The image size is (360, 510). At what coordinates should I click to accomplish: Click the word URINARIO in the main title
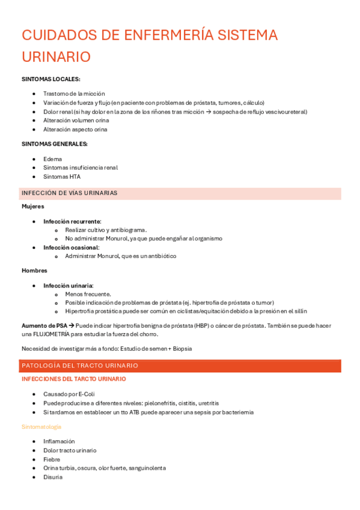tap(56, 57)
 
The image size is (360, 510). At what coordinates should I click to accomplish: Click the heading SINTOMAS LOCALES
tap(51, 79)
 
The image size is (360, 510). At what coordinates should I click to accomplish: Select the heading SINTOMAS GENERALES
tap(55, 144)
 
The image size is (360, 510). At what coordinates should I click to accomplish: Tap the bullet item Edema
tap(52, 159)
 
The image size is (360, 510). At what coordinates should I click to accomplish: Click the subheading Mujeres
tap(33, 206)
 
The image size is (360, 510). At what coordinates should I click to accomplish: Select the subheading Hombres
tap(34, 271)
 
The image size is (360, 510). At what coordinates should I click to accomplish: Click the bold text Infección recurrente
tap(72, 221)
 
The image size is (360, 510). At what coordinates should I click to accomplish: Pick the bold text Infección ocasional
tap(71, 247)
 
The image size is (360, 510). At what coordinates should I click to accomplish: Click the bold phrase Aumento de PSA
tap(44, 325)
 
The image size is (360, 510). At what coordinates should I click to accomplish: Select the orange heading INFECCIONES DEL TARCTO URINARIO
tap(74, 379)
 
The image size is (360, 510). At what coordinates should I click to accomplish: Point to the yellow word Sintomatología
tap(41, 426)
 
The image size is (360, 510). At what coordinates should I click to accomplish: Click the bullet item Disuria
tap(52, 477)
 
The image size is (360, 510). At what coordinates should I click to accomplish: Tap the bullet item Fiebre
tap(52, 459)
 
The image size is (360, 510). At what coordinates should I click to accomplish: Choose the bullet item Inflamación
tap(59, 441)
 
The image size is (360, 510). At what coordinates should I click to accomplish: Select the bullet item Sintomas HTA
tap(62, 177)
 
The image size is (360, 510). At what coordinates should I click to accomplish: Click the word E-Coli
tap(87, 395)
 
